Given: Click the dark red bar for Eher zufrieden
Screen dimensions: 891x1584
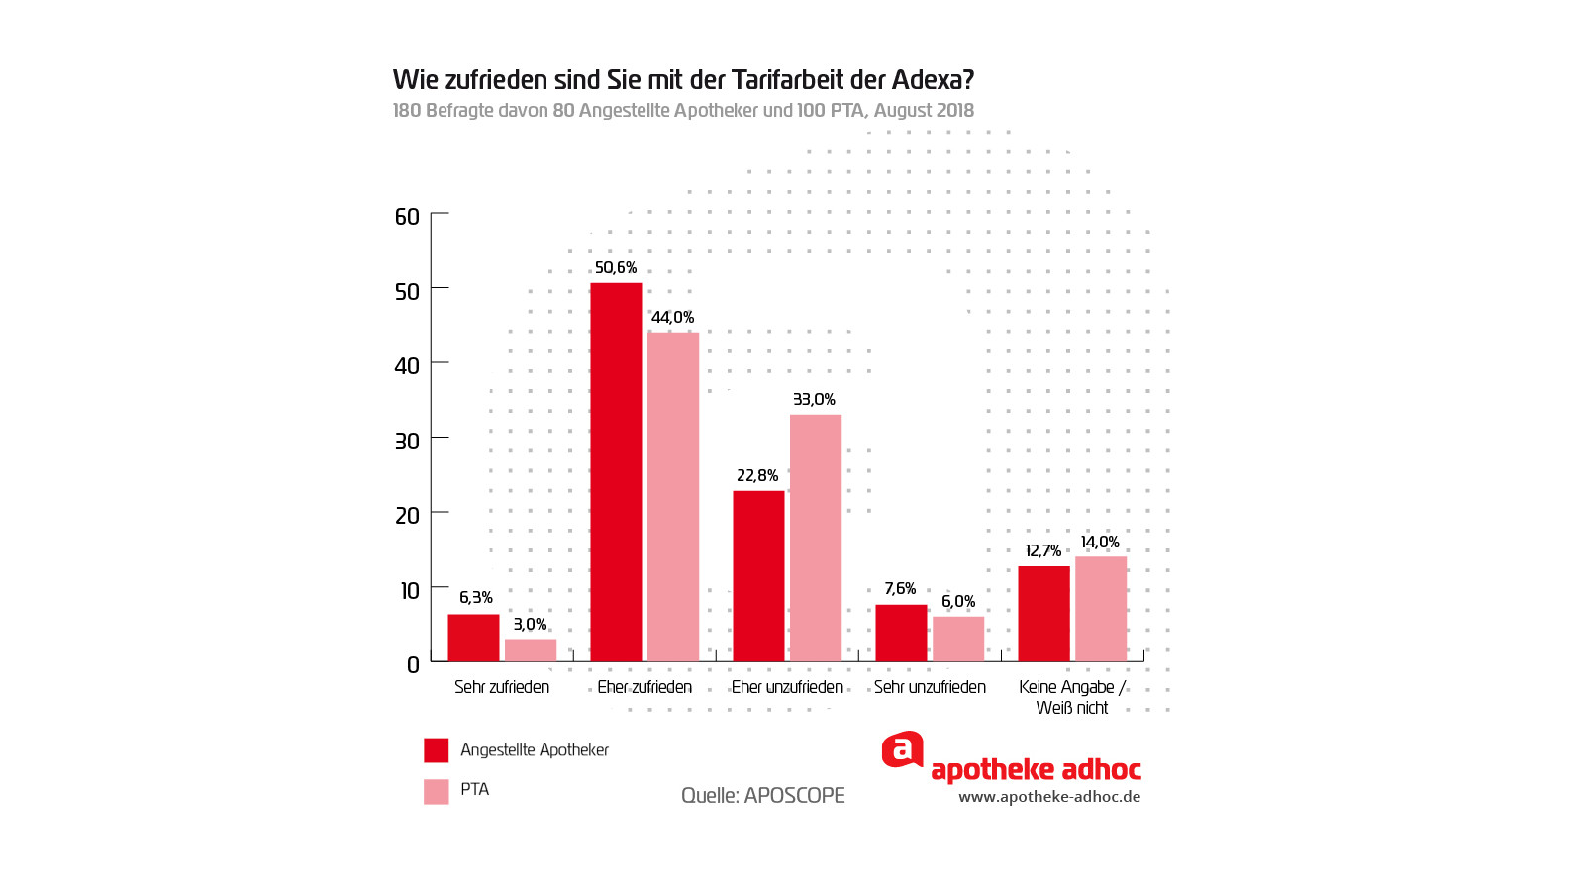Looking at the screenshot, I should pos(616,472).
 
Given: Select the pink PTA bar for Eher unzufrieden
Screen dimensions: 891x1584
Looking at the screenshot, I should pos(816,538).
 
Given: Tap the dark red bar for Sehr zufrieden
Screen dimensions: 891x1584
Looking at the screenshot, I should pos(473,638).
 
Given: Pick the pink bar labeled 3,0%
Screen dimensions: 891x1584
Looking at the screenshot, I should pos(531,649).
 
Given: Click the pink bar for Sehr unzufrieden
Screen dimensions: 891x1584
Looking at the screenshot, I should pos(958,639).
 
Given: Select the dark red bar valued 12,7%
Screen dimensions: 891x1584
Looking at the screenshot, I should pos(1043,614).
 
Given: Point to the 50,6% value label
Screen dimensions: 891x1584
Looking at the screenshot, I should pos(616,268).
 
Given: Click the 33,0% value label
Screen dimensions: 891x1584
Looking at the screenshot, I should pos(814,400).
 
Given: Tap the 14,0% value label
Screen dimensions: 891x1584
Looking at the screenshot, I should pos(1100,543).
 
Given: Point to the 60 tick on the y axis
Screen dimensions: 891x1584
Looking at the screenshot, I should pos(407,217).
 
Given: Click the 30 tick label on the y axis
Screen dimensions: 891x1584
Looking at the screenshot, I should pos(407,442).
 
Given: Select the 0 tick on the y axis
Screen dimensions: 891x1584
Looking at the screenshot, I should pos(413,665).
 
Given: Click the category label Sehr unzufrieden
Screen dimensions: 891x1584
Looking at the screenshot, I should pos(930,687).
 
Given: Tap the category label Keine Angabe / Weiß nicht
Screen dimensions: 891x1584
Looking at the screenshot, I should pos(1072,697).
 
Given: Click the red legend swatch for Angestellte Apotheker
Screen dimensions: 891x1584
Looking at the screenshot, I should pos(437,750).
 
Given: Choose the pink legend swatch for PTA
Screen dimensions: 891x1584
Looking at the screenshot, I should pos(437,791).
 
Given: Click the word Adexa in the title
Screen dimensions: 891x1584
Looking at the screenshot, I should pos(933,80).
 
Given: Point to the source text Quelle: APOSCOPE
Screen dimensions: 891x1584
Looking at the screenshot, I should pos(762,796).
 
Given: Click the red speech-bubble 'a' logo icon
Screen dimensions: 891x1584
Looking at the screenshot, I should pos(902,750).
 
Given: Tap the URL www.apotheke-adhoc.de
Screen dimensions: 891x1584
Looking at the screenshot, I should pos(1049,797).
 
